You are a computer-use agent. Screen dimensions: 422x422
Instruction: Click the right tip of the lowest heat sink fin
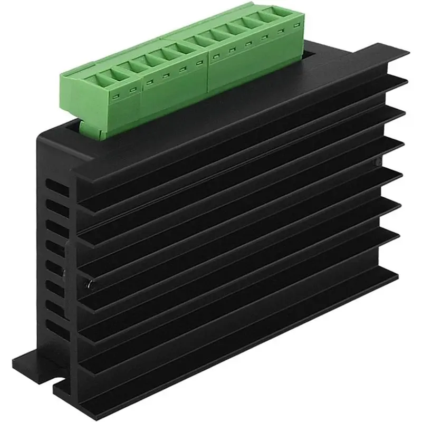[397, 273]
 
